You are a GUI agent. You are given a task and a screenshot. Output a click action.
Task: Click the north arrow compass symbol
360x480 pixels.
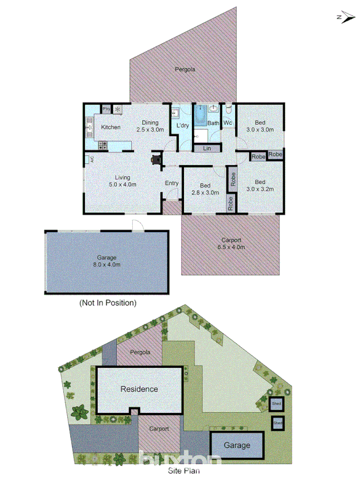(346, 17)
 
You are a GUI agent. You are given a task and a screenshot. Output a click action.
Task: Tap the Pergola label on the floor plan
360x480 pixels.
(185, 69)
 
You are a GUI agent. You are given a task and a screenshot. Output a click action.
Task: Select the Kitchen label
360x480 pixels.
(111, 127)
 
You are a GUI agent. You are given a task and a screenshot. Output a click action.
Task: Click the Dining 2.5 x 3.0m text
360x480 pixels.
(150, 126)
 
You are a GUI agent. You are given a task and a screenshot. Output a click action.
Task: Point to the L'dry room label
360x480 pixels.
(183, 126)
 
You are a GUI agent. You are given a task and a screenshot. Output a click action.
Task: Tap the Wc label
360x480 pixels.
(227, 123)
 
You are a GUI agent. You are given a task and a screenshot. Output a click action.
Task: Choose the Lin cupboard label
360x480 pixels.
(207, 148)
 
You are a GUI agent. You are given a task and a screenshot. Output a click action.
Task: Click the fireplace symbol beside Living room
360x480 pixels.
(156, 159)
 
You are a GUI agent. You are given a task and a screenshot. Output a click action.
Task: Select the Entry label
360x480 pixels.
(172, 183)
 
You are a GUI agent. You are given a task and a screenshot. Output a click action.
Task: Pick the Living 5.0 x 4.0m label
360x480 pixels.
(123, 181)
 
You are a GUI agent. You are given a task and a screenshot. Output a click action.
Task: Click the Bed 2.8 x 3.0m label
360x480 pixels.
(205, 189)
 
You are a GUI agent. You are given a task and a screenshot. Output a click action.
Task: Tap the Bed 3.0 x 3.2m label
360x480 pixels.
(259, 185)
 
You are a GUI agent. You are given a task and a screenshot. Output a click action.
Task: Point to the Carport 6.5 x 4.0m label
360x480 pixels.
(230, 243)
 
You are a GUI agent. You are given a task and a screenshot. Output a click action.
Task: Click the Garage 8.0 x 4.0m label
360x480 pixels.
(107, 261)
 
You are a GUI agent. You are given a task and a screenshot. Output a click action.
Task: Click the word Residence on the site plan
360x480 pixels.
(139, 389)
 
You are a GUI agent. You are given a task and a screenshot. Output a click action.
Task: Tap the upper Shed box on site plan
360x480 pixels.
(277, 404)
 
